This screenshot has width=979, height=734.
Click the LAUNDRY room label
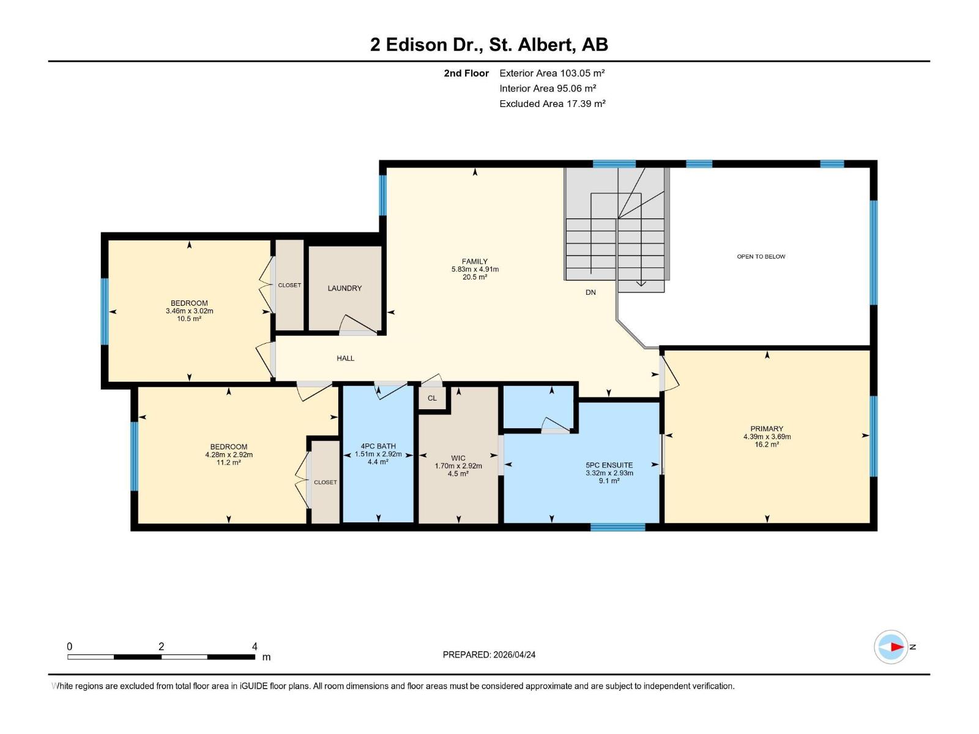pyautogui.click(x=344, y=288)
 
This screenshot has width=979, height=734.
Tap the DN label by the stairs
pyautogui.click(x=590, y=292)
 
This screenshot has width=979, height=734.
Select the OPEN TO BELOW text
pyautogui.click(x=761, y=256)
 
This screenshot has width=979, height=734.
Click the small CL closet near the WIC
pyautogui.click(x=432, y=398)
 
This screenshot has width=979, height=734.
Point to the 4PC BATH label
pyautogui.click(x=378, y=447)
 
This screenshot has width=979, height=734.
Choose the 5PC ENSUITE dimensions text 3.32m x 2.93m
pyautogui.click(x=609, y=473)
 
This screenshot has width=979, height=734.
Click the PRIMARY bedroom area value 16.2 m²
pyautogui.click(x=767, y=445)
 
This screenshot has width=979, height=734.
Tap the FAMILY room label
pyautogui.click(x=474, y=261)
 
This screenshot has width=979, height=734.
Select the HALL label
pyautogui.click(x=345, y=358)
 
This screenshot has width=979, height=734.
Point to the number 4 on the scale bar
pyautogui.click(x=255, y=647)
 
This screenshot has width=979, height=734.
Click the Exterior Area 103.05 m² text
pyautogui.click(x=551, y=73)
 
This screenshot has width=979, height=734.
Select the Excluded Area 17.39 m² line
pyautogui.click(x=552, y=103)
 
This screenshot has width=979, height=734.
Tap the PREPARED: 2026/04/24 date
pyautogui.click(x=489, y=654)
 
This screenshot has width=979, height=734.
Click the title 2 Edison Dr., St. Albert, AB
pyautogui.click(x=489, y=45)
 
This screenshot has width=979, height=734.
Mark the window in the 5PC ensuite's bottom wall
pyautogui.click(x=617, y=527)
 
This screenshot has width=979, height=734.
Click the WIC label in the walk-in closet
pyautogui.click(x=458, y=458)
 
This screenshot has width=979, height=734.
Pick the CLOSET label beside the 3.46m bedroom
pyautogui.click(x=289, y=285)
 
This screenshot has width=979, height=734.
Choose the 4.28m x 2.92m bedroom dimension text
pyautogui.click(x=229, y=455)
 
